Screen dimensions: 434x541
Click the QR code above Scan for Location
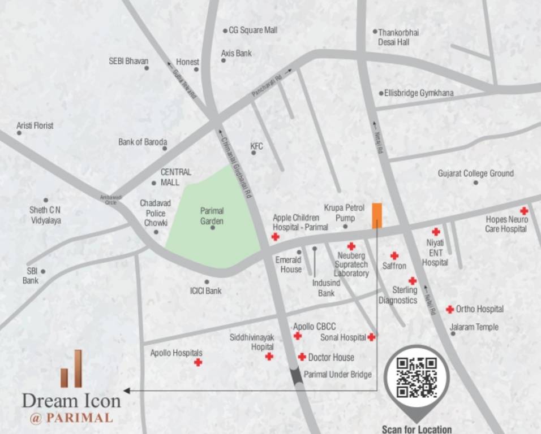click(417, 377)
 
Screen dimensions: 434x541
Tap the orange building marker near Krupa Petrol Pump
click(377, 215)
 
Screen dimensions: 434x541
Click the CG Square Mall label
click(253, 30)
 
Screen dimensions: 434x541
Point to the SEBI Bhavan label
click(128, 61)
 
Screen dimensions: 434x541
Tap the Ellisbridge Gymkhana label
click(419, 93)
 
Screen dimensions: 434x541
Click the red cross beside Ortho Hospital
click(449, 309)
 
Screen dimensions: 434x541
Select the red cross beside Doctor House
click(302, 357)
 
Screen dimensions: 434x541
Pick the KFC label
click(257, 146)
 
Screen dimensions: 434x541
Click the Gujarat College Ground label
click(475, 173)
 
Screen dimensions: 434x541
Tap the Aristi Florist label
click(35, 125)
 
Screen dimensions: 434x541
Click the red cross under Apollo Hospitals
click(198, 362)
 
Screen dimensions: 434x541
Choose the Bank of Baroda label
click(143, 142)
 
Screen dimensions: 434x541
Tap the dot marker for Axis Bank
click(224, 60)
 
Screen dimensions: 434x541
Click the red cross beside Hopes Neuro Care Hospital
click(524, 211)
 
